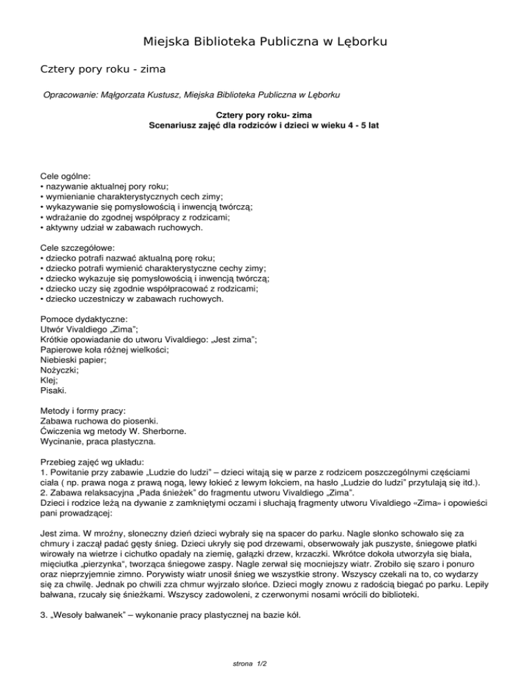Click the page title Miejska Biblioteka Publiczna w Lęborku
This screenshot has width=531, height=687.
click(265, 42)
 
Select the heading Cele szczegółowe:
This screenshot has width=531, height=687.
click(77, 247)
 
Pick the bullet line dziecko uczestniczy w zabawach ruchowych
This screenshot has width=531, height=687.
click(132, 299)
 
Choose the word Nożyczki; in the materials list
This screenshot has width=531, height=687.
click(59, 370)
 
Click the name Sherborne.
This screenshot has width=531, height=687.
click(165, 431)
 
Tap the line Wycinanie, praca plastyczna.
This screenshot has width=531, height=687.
click(98, 441)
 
